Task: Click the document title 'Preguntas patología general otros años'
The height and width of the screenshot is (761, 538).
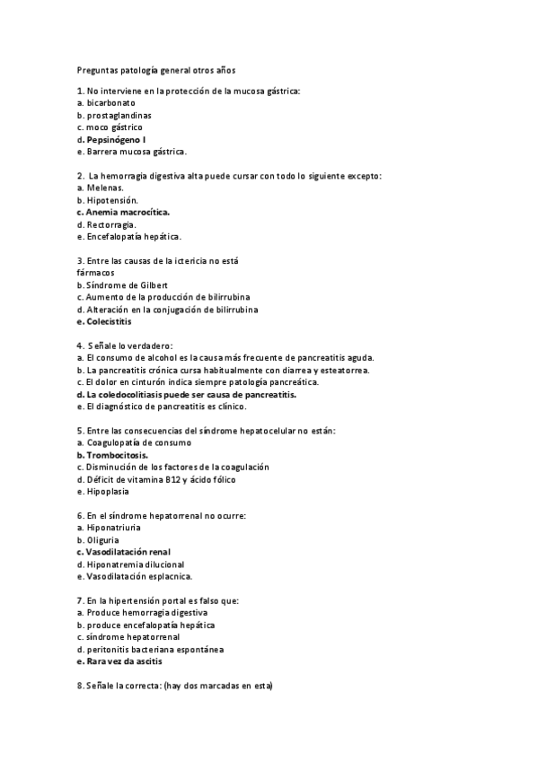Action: point(155,68)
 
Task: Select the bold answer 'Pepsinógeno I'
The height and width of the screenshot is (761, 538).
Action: point(117,140)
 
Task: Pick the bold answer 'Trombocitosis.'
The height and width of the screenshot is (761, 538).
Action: point(118,455)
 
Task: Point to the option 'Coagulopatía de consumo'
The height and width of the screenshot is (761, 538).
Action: point(138,442)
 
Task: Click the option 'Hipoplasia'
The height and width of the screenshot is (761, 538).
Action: point(108,491)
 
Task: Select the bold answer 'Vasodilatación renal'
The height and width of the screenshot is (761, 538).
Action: point(128,552)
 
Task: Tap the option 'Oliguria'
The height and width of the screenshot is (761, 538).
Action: point(102,540)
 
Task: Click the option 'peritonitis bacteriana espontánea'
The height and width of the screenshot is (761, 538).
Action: point(155,649)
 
